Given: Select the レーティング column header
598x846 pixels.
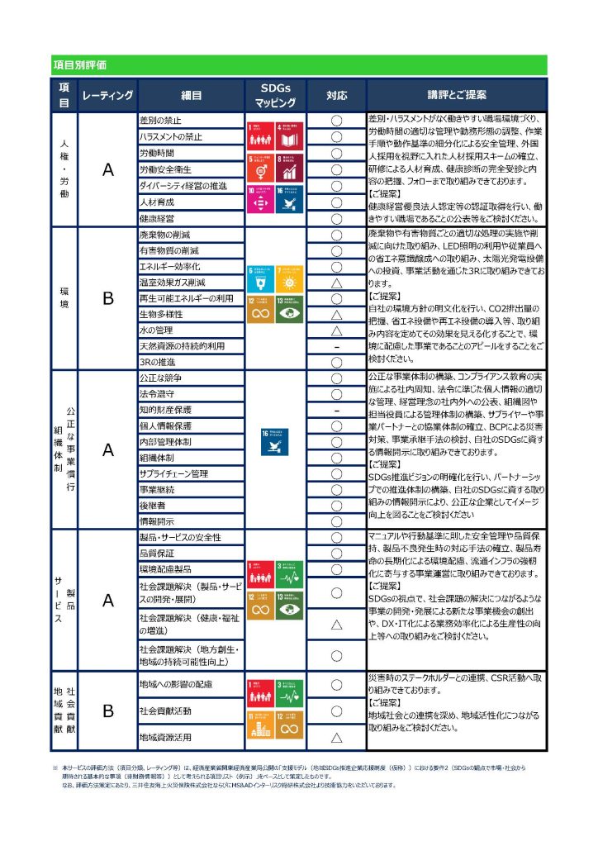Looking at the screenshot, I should click(107, 95).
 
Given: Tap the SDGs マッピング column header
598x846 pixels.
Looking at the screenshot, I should click(277, 95).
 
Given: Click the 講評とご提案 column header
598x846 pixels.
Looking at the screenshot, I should click(456, 95).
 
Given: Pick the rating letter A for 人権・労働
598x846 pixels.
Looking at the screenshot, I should click(107, 170).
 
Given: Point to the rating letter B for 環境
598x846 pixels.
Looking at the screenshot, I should click(107, 299).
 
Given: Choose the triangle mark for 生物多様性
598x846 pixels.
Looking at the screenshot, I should click(336, 315).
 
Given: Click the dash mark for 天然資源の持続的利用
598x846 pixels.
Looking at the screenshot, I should click(336, 347).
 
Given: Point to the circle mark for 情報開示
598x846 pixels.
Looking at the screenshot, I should click(336, 521).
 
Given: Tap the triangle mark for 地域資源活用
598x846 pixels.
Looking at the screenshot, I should click(336, 737).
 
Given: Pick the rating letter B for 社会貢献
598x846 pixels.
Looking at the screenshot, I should click(107, 711).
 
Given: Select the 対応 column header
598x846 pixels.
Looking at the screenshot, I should click(336, 95).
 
